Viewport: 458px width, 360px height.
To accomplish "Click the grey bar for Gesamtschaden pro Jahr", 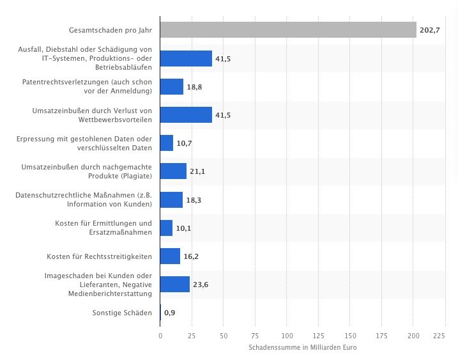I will tap(287, 30).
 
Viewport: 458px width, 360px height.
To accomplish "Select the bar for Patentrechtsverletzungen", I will tap(172, 87).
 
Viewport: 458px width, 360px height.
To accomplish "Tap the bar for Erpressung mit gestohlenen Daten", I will tap(166, 143).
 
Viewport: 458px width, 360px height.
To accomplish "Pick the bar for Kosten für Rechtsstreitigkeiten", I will tap(170, 256).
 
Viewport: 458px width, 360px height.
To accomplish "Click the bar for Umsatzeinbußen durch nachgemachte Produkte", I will tap(173, 171).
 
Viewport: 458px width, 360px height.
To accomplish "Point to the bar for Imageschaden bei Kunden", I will tap(174, 285).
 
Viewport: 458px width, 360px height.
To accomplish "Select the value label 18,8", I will tap(195, 87).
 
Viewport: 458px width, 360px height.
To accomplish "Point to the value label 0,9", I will tap(170, 313).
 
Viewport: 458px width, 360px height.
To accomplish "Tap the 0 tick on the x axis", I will tap(160, 335).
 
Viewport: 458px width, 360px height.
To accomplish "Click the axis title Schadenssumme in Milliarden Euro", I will tap(302, 347).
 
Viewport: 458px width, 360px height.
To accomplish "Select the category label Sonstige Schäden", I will tap(121, 313).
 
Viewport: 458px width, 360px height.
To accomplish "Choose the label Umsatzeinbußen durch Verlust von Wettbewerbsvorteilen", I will tap(92, 115).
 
